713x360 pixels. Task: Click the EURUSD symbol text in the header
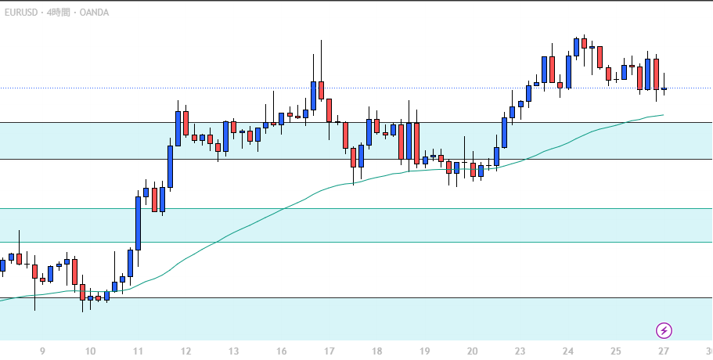coord(19,13)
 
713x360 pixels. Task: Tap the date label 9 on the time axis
coord(42,351)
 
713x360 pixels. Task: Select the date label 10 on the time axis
coord(90,351)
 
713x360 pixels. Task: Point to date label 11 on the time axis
coord(139,351)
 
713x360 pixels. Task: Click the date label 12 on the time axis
coord(186,351)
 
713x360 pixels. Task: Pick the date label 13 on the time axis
coord(234,351)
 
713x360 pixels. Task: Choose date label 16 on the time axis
coord(282,351)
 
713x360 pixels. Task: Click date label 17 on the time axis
coord(329,351)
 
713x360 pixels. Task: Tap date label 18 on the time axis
coord(377,351)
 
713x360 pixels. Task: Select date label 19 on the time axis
coord(425,351)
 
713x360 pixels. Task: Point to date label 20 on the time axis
coord(473,351)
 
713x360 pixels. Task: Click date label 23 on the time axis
coord(520,351)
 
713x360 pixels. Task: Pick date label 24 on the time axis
coord(568,351)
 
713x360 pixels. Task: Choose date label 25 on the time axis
coord(616,351)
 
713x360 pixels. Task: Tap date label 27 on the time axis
coord(664,351)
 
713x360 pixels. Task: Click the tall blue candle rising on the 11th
coord(139,223)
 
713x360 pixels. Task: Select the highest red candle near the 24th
coord(585,43)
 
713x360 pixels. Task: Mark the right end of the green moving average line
coord(663,115)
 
